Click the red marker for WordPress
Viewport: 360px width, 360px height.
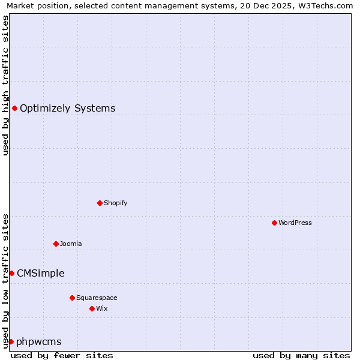pos(274,223)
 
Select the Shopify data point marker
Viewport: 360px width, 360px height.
pos(100,203)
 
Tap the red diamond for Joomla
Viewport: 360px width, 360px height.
pos(56,244)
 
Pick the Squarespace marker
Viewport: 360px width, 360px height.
pos(72,298)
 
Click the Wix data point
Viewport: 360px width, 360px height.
pos(92,308)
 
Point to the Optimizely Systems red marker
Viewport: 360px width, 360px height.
pos(14,108)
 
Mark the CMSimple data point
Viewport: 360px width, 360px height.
pos(11,273)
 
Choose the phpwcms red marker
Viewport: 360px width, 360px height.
pos(11,341)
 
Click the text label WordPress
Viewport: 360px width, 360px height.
pos(295,223)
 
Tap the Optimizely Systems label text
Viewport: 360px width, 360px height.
pos(67,108)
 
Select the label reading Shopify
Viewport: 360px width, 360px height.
pos(115,203)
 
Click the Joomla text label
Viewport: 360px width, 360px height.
pos(71,244)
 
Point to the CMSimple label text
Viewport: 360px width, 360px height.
pos(40,273)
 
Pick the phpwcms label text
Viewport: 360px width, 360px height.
pos(38,341)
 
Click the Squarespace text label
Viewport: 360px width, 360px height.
pos(97,298)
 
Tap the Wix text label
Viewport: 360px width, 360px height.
pos(101,308)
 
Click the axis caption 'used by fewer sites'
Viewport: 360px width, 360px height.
pos(62,355)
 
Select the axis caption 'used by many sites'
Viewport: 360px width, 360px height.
pos(301,355)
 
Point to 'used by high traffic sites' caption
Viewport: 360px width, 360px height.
pos(5,85)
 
